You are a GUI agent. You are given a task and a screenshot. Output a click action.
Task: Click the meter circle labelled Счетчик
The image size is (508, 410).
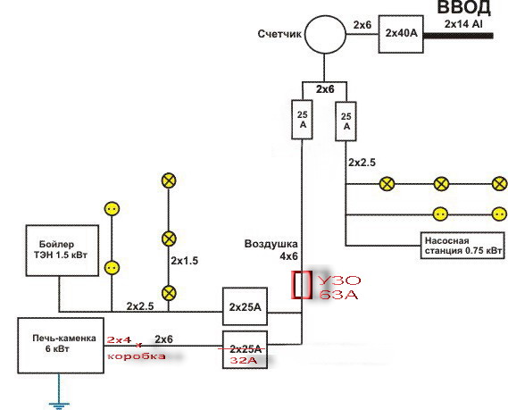pos(325,34)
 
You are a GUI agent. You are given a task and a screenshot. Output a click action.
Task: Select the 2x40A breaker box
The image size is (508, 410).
pos(401,34)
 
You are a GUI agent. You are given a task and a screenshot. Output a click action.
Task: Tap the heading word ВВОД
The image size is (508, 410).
pos(464,8)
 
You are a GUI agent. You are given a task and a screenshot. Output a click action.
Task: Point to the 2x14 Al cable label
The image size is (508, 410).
pos(463,24)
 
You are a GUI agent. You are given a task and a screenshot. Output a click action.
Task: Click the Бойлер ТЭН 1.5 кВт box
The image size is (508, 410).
pos(62,250)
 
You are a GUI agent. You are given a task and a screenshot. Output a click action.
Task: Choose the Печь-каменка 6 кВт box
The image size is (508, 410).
pos(61,346)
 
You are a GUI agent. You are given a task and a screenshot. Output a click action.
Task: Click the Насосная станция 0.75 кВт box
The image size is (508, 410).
pos(462,246)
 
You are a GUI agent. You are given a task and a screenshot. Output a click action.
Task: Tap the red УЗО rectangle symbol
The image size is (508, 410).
pos(301,285)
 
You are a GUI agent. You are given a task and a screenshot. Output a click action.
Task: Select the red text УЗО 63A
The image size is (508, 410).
pos(339,288)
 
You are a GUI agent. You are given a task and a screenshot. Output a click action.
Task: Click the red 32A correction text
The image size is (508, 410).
pos(244,360)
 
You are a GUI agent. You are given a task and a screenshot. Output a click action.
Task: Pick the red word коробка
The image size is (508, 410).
pos(137,356)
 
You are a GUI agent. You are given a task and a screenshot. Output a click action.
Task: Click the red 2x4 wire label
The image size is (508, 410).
pos(119,339)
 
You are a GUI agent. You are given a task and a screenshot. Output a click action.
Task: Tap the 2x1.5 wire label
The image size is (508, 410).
pos(184,261)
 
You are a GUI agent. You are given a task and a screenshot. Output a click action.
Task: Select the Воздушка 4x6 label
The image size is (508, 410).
pos(271,250)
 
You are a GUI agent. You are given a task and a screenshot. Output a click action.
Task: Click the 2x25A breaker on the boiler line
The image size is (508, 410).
pos(245,306)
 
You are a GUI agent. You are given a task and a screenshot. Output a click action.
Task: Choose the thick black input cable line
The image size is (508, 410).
pos(458,36)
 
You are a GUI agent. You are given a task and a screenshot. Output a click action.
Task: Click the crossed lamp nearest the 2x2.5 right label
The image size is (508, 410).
pos(387,184)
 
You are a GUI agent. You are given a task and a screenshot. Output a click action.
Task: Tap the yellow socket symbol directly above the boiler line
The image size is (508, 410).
pos(112,268)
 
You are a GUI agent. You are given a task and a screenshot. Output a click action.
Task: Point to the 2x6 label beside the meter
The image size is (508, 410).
pos(362,25)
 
